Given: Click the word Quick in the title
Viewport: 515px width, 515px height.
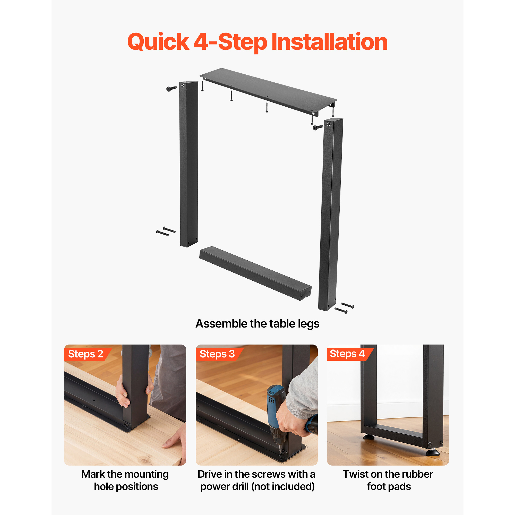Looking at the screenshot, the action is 158,42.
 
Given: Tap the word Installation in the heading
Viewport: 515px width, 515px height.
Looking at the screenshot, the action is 330,42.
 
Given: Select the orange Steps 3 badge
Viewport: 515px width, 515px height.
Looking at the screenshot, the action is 219,354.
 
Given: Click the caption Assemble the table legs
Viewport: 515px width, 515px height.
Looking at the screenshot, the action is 257,324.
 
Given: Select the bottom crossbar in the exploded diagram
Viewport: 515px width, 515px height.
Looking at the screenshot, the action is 255,273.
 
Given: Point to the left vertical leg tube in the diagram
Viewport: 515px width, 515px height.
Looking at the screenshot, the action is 189,164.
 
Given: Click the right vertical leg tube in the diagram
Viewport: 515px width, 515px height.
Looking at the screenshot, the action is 331,214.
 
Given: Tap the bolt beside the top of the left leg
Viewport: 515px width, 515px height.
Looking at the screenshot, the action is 171,89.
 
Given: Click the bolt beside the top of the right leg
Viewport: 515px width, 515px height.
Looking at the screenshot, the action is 318,127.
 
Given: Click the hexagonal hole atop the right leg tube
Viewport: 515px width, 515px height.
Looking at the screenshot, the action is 329,124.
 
